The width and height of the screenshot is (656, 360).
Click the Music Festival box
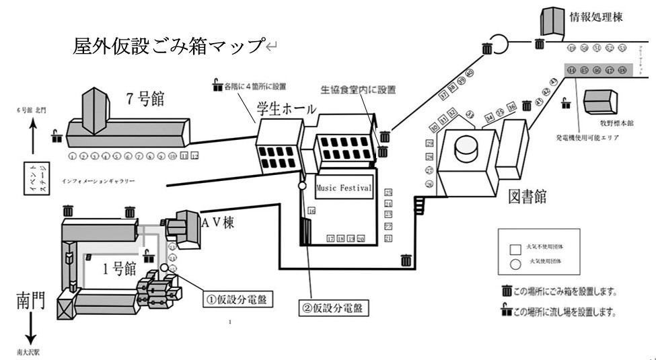tap(343, 188)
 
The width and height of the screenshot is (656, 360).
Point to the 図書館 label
tap(527, 196)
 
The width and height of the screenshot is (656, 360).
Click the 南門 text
tap(30, 301)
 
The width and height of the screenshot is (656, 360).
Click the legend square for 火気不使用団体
tap(516, 248)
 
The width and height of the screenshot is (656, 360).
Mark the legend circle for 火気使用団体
tap(516, 264)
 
